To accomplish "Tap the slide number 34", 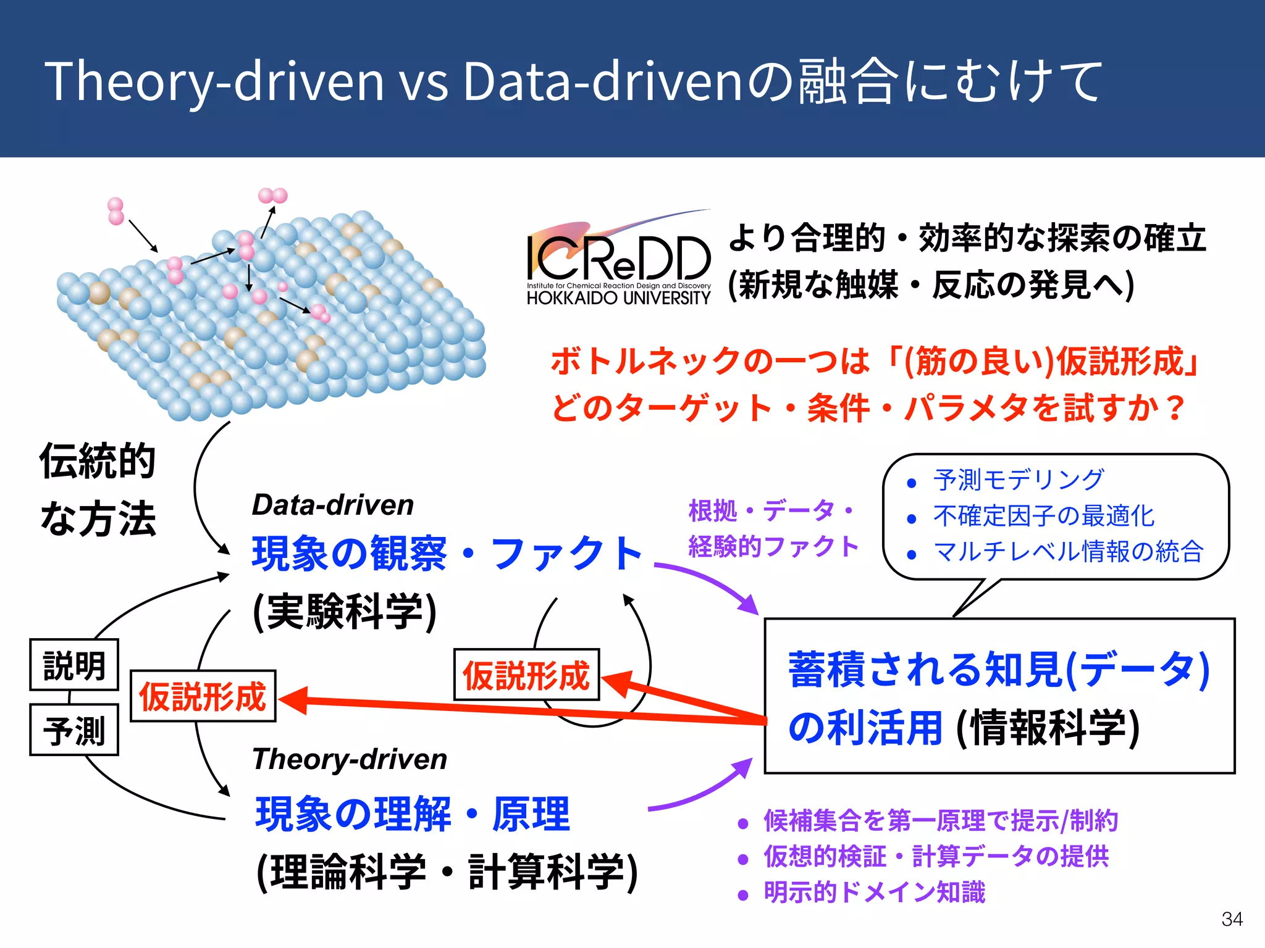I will (1232, 919).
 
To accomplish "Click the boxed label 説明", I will (74, 665).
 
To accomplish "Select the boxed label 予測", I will (74, 730).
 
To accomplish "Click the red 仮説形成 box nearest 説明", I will (203, 696).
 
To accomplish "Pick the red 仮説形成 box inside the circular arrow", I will (526, 675).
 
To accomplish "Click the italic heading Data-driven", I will (332, 505).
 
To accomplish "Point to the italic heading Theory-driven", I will (350, 759).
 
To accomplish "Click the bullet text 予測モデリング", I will (1018, 480).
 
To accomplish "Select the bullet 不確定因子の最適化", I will (1043, 515).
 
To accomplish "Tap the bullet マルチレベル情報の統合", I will (1068, 551).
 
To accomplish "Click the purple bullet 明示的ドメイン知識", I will (874, 892).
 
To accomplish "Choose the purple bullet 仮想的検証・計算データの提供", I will (936, 857).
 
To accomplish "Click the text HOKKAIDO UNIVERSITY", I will (618, 298).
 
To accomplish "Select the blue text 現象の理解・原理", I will (413, 814).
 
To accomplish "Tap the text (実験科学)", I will (345, 612).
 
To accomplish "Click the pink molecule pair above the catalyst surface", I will (272, 196).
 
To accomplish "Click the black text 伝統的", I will (97, 461).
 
